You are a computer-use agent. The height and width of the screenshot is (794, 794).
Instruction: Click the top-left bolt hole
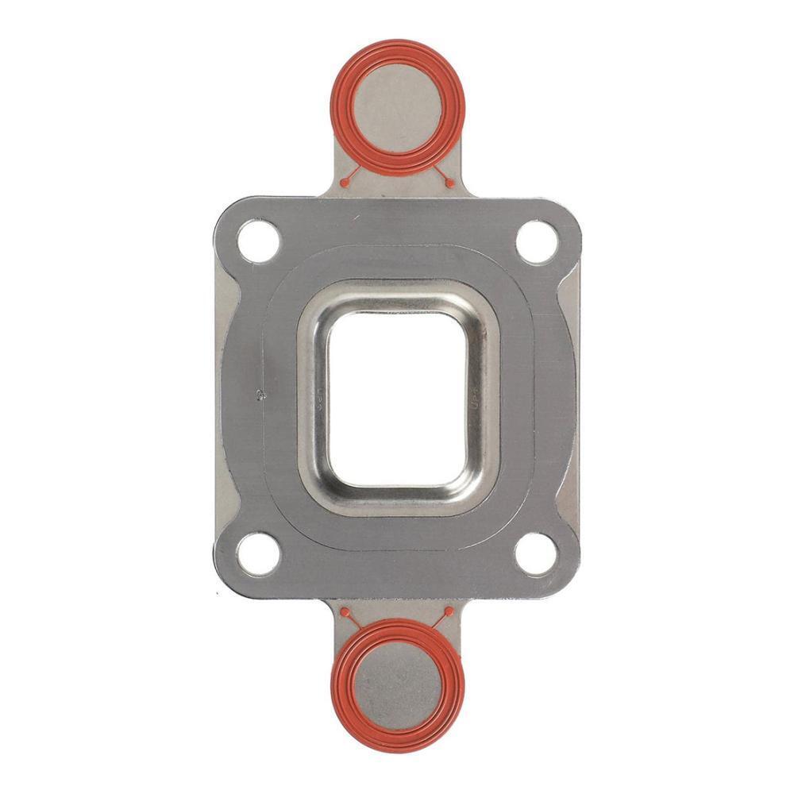click(259, 241)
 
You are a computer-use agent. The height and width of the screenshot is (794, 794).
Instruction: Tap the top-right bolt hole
click(537, 241)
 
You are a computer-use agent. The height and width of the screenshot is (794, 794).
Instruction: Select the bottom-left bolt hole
click(259, 553)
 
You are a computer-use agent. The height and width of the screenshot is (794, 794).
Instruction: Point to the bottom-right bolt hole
click(537, 553)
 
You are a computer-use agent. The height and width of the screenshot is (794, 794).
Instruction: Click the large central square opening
click(398, 397)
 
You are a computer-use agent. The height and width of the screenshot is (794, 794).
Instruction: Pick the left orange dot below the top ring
click(345, 183)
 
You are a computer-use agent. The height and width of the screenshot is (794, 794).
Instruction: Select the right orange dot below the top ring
click(450, 183)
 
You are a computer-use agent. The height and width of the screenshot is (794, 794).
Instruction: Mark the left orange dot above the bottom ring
click(345, 612)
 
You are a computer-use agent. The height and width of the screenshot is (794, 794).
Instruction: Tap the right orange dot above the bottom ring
click(449, 612)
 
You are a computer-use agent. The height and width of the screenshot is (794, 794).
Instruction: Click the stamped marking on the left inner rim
click(315, 397)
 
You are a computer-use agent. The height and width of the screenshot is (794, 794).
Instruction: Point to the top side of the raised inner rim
click(398, 295)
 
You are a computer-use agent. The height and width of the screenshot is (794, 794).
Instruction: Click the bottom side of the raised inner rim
click(398, 499)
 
